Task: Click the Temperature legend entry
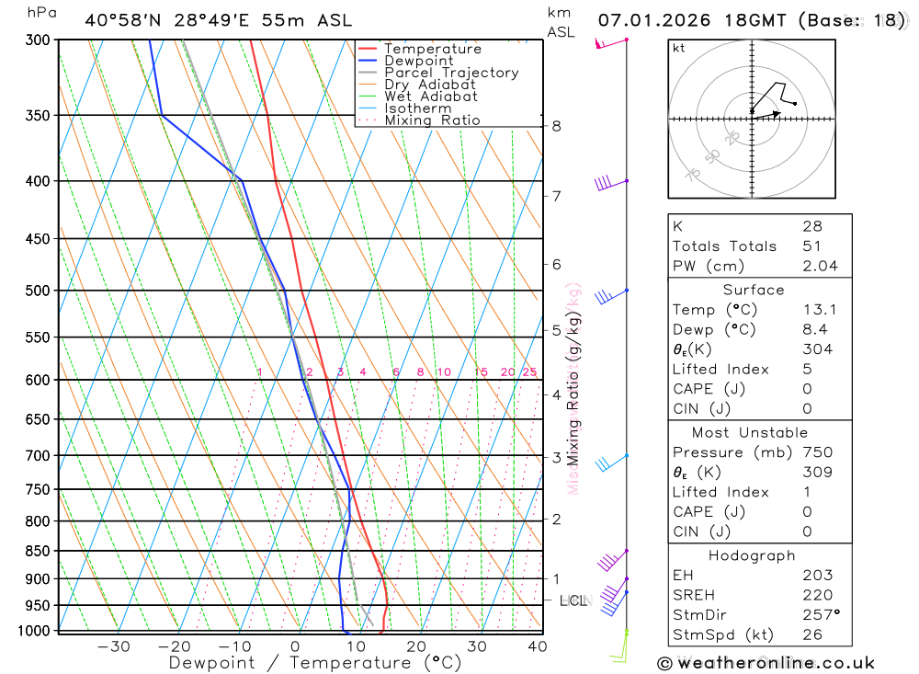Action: pos(432,49)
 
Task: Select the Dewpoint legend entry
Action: pos(418,61)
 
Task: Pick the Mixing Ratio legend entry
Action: pos(432,120)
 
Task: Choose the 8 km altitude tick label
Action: pos(556,126)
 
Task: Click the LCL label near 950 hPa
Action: pos(573,600)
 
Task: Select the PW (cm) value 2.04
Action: pos(818,266)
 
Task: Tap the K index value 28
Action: pos(811,226)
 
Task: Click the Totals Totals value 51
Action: pos(811,246)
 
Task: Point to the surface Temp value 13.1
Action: pos(818,310)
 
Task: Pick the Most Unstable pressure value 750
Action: pos(817,452)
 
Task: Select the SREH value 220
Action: pos(817,595)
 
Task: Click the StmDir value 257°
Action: pos(822,615)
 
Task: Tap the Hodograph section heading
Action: pos(753,555)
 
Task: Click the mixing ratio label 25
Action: pos(529,372)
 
